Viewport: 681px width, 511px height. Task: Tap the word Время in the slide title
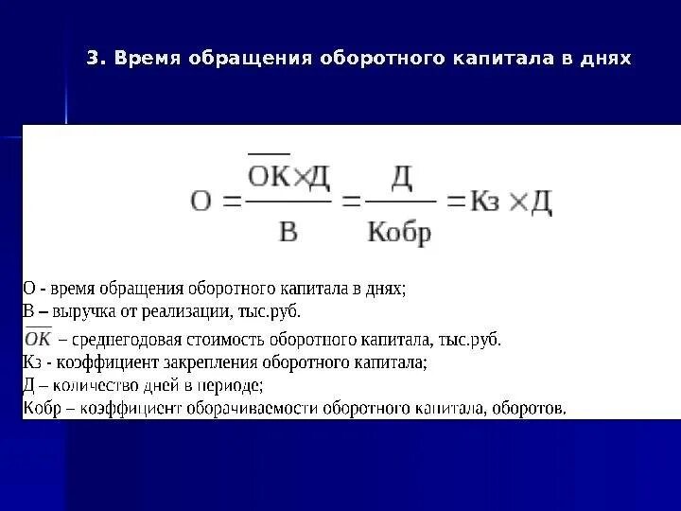144,59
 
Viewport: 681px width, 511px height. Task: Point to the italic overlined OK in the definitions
39,338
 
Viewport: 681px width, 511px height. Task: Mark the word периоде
233,385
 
